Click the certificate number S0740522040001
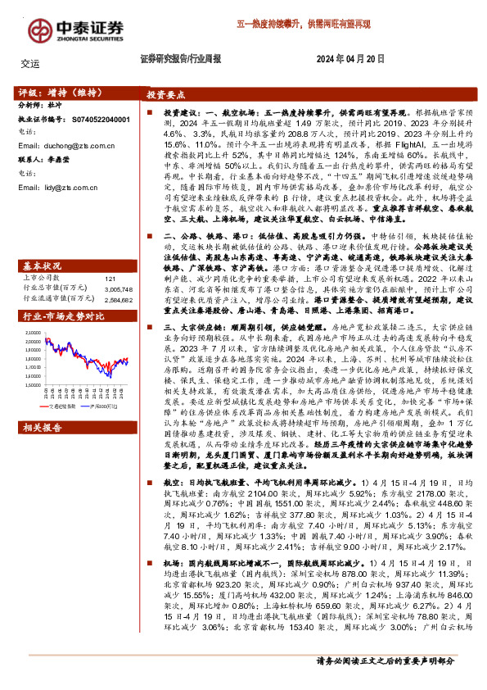tap(96, 119)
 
